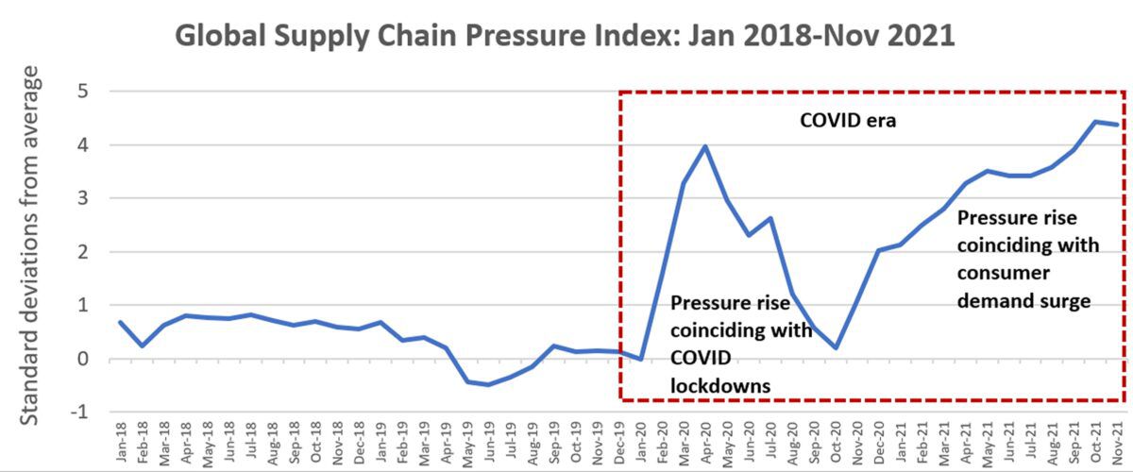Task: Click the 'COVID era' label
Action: (x=821, y=121)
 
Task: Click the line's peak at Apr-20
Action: (x=705, y=146)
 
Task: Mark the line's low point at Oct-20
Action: (x=836, y=347)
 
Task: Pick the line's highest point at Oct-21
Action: (x=1096, y=122)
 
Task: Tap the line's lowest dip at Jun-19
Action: (x=488, y=384)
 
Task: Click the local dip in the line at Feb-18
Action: (x=141, y=346)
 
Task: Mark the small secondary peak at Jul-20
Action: (x=770, y=218)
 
